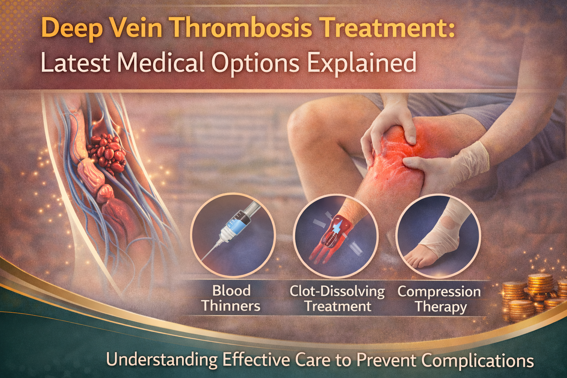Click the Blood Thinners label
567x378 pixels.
coord(231,298)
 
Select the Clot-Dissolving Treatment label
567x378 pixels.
coord(337,299)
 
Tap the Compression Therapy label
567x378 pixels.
coord(439,299)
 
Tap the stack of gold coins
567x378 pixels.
coord(532,295)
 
